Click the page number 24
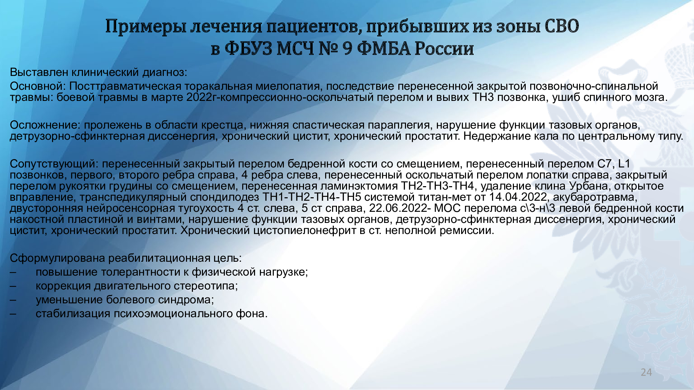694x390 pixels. (646, 372)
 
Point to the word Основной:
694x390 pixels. (38, 86)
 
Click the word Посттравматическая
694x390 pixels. (125, 86)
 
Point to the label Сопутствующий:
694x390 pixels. (54, 164)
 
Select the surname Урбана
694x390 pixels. (589, 186)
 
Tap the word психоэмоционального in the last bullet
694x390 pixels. (173, 313)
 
